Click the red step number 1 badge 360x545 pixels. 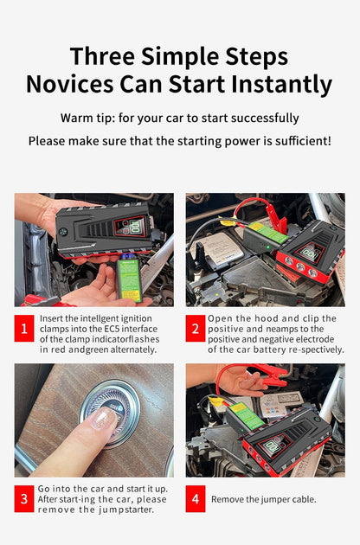tap(24, 329)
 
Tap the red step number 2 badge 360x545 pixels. tap(196, 329)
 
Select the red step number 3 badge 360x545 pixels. tap(24, 499)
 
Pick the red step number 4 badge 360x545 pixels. tap(196, 499)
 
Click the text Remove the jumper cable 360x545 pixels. tap(264, 499)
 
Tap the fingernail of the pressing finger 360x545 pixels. tap(101, 420)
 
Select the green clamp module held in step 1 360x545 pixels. tap(128, 279)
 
